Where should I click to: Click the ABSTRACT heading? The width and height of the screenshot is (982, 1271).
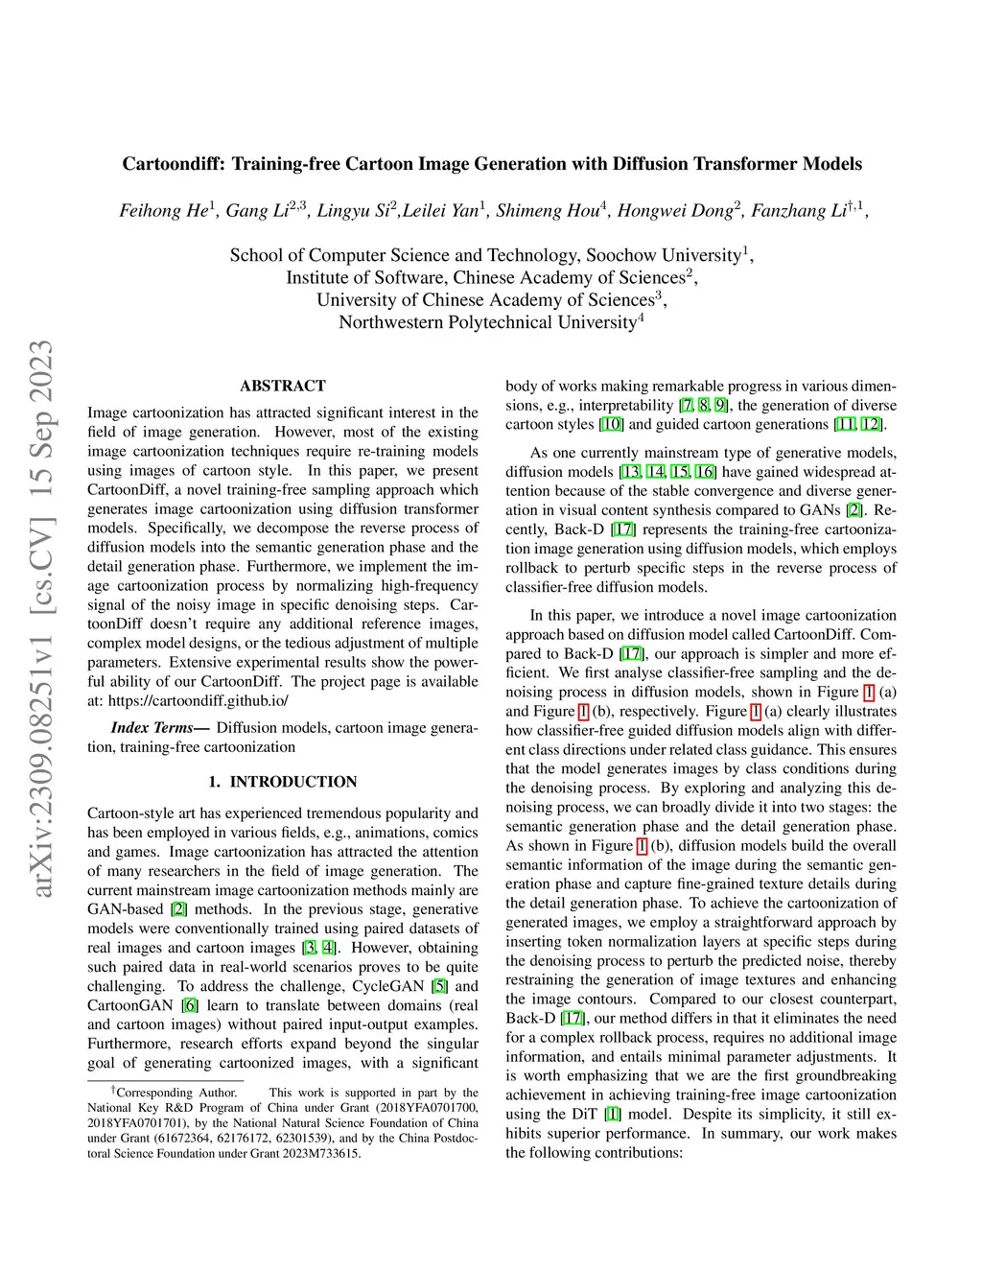coord(283,386)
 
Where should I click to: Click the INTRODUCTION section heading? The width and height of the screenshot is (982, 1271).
coord(292,782)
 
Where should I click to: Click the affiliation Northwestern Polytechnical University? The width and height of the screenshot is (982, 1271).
coord(487,322)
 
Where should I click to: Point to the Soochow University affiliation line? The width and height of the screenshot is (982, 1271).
coord(491,255)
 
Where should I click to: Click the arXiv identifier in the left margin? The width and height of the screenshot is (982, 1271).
coord(41,619)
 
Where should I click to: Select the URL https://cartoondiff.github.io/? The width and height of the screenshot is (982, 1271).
coord(198,700)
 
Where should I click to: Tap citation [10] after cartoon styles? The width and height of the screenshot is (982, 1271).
coord(611,424)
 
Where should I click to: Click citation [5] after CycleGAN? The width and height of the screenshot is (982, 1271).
coord(439,986)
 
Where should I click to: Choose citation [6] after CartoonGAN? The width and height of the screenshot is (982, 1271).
coord(190,1005)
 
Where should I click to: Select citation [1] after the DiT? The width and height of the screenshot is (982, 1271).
coord(612,1114)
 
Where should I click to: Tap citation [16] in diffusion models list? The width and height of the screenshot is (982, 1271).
coord(705,472)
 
